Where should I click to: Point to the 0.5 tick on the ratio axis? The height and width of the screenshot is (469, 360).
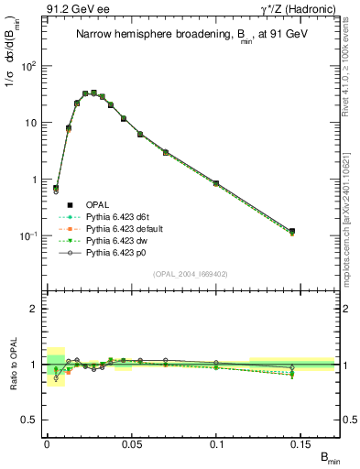[30, 420]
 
